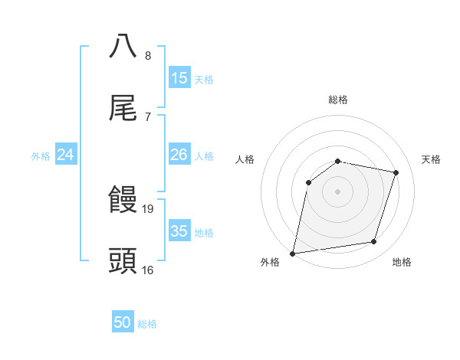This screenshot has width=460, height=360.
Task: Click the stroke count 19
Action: [149, 208]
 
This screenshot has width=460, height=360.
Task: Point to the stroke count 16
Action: [148, 270]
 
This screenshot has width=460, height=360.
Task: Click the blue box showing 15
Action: [179, 78]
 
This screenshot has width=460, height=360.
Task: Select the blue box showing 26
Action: [179, 155]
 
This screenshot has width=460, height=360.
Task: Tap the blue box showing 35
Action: [179, 231]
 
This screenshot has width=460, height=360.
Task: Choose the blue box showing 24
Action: [66, 155]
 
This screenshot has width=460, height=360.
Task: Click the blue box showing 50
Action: [123, 323]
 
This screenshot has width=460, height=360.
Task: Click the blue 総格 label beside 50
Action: [147, 324]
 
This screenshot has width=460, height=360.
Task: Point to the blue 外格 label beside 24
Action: [41, 156]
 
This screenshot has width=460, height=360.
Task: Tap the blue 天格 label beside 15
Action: [203, 80]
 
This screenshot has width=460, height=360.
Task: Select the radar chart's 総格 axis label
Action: [337, 100]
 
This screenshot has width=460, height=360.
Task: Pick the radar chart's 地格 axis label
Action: [402, 262]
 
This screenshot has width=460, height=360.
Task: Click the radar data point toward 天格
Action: [396, 172]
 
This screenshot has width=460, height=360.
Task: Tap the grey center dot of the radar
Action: [337, 191]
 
